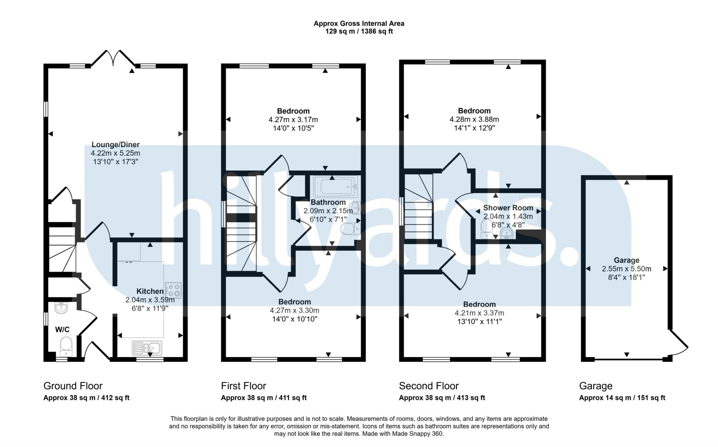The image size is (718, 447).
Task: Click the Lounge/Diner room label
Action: pos(115,145)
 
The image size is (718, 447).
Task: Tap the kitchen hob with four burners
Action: pos(173,290)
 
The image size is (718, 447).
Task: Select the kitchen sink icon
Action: pos(147,348)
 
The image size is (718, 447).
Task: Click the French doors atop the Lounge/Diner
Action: pos(113,58)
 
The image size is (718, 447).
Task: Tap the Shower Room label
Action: pos(508,208)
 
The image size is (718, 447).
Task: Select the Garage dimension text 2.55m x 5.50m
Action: pos(626,269)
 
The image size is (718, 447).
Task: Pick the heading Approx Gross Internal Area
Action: pos(359,24)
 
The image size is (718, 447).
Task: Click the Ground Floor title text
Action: pos(73,386)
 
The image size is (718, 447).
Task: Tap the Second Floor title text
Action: pos(428,386)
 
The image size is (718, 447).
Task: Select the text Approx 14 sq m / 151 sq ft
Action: pos(622,398)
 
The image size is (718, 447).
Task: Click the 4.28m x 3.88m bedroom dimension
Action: pos(474,119)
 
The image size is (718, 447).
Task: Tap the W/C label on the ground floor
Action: pos(62,329)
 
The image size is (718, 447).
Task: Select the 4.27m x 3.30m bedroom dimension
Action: pos(294,311)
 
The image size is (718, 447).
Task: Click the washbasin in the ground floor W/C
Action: pos(61,308)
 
